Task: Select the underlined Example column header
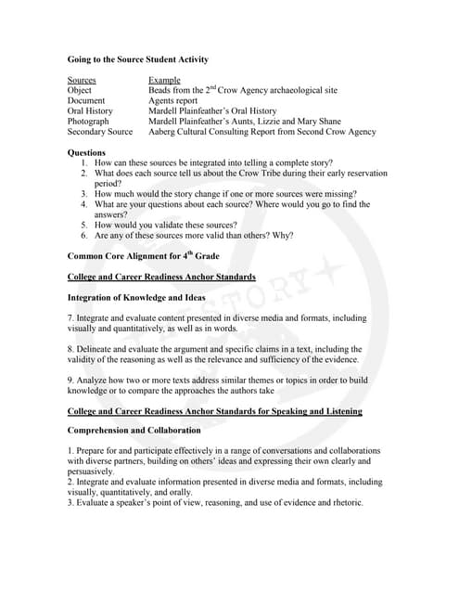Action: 164,81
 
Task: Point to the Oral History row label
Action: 90,111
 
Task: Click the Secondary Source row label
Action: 100,132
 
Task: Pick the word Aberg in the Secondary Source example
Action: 161,132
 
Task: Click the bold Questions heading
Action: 87,152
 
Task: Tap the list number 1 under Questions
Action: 83,162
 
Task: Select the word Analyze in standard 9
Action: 96,380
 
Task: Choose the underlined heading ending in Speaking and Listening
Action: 215,410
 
